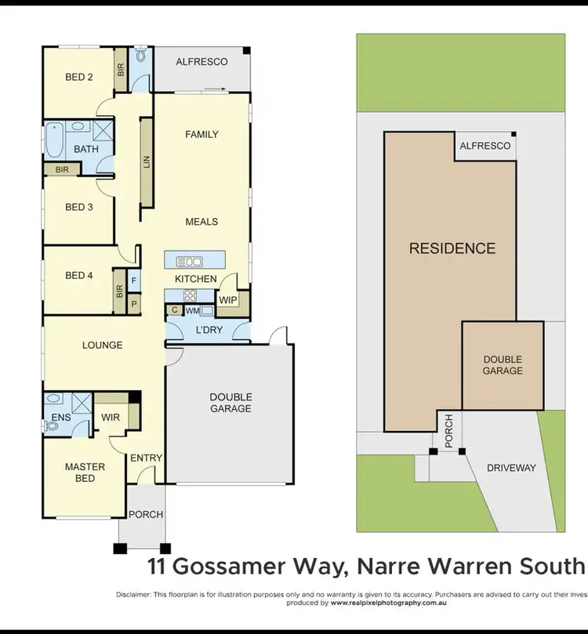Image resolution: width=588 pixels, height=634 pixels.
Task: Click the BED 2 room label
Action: pos(79,77)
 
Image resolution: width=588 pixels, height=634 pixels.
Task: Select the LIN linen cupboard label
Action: pos(146,163)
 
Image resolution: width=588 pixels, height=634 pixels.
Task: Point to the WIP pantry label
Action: pos(227,300)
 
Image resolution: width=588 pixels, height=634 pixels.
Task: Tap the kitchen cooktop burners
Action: pos(190,295)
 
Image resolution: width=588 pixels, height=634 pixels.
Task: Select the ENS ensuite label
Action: pos(61,417)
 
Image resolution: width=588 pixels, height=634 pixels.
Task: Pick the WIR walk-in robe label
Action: pos(111,417)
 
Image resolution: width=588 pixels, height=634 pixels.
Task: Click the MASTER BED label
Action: pos(85,473)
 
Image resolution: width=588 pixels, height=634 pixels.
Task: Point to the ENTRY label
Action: pos(146,458)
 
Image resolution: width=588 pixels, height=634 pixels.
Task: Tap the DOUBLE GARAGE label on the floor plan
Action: pos(230,403)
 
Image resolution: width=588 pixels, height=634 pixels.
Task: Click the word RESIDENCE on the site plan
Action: pos(452,248)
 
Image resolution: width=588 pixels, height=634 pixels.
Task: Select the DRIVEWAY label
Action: pos(511,468)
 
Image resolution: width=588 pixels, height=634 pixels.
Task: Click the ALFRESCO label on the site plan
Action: pos(485,146)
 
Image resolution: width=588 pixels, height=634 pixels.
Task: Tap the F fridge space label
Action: pos(134,280)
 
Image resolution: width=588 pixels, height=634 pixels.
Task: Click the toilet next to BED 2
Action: pos(141,56)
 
